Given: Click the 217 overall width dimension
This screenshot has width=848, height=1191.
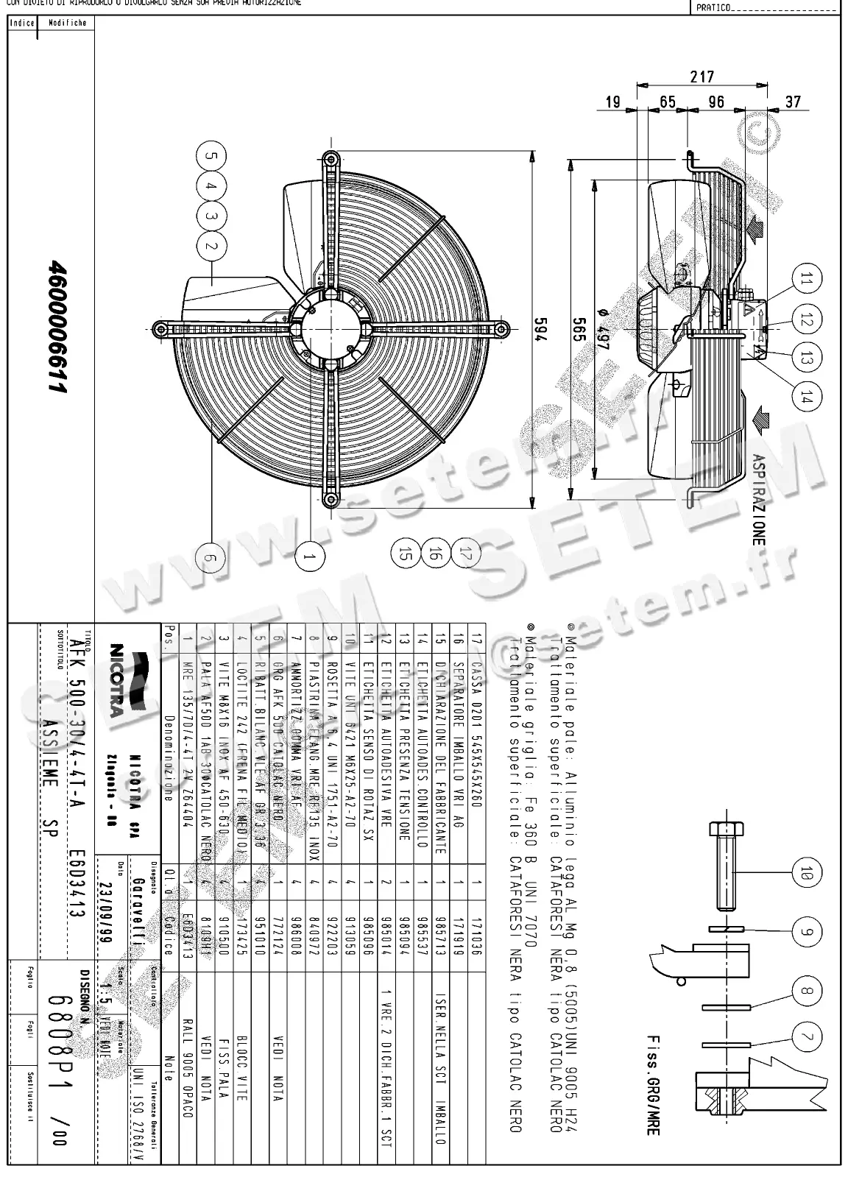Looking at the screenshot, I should coord(702,76).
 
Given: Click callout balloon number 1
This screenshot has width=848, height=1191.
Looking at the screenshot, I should coord(313,558).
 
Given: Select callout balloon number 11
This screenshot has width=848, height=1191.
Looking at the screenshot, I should coord(808,279).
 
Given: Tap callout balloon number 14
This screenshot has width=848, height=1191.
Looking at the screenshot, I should coord(808,397).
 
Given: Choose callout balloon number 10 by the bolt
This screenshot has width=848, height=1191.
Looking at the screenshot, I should coord(807,874).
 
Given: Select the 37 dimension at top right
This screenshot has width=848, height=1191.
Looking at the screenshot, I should coord(792,102).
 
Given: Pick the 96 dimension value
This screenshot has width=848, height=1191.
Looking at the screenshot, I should coord(716,102).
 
